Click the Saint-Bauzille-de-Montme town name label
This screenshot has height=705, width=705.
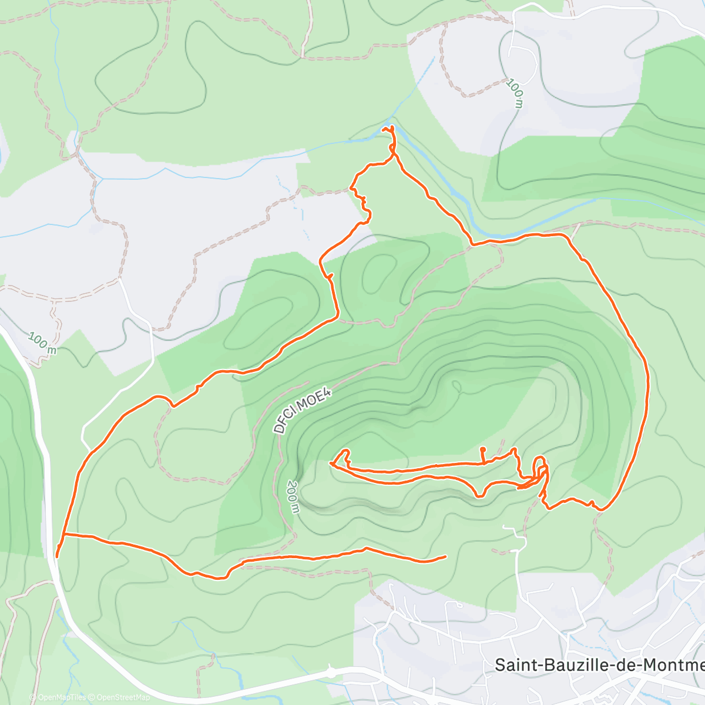pyautogui.click(x=599, y=664)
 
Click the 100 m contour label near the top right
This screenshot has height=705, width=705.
pyautogui.click(x=515, y=93)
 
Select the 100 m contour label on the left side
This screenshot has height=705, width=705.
pyautogui.click(x=43, y=344)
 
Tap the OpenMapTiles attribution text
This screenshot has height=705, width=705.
pyautogui.click(x=62, y=697)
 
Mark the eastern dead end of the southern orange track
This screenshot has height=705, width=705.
pyautogui.click(x=445, y=556)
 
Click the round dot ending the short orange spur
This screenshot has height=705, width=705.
pyautogui.click(x=482, y=449)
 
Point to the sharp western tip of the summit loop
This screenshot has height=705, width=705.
pyautogui.click(x=331, y=464)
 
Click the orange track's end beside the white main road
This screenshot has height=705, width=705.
pyautogui.click(x=56, y=556)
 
